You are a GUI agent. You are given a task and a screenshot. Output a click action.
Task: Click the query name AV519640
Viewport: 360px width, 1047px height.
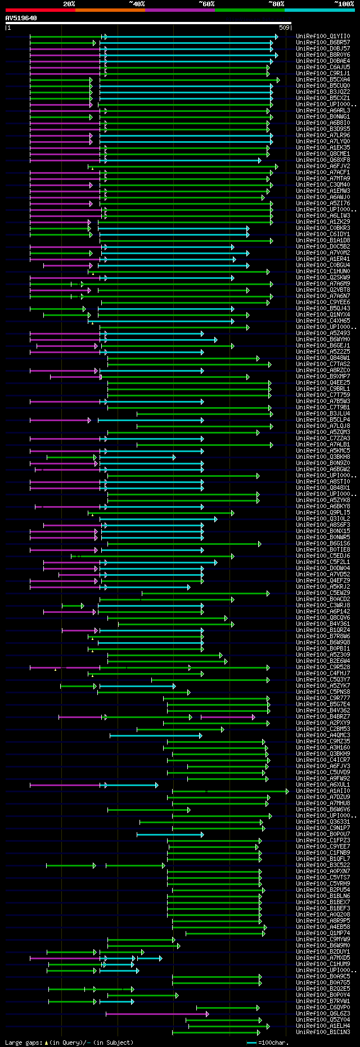pos(21,19)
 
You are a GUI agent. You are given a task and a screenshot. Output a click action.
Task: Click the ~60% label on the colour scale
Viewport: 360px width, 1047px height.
pos(206,4)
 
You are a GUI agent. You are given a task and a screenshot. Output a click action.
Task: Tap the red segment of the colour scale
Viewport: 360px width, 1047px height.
pos(40,10)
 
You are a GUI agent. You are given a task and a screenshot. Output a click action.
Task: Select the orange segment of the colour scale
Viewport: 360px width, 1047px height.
pos(110,10)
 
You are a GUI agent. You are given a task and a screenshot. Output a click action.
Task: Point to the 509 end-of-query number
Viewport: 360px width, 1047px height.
pos(284,28)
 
